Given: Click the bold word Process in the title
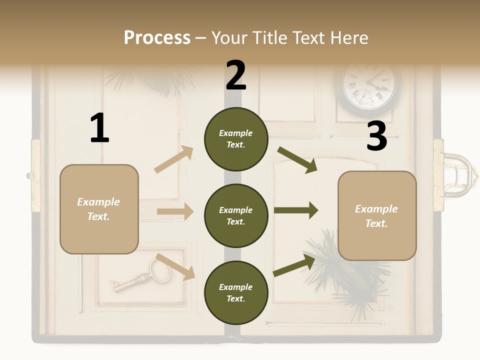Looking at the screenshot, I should [157, 37].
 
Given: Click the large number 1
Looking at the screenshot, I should [99, 128].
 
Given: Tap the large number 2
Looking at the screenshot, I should [236, 75].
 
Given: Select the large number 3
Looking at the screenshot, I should [376, 136].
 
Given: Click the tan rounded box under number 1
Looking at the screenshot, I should [99, 209].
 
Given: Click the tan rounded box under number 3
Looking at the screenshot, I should [377, 215].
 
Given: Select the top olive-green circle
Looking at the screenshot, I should [236, 139].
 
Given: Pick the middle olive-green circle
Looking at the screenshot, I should [236, 215].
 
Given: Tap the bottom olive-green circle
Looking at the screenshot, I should [236, 292].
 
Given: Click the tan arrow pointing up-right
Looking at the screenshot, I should [174, 159].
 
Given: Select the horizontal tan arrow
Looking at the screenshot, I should [175, 211].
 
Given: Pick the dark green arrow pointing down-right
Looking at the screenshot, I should [297, 160].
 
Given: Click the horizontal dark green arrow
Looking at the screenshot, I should [295, 210].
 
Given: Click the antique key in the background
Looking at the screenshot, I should [140, 277].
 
